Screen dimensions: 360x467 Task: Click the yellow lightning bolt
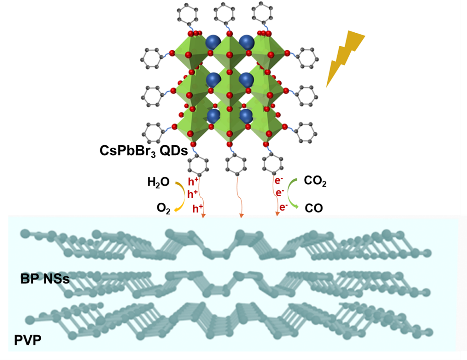(x=345, y=57)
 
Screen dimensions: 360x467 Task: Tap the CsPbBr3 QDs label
(x=143, y=151)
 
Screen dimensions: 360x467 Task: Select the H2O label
(x=158, y=182)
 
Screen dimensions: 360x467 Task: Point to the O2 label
(x=163, y=208)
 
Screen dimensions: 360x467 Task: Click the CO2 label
(x=315, y=181)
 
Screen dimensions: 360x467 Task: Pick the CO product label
(x=314, y=208)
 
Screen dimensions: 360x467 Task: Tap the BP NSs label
(x=45, y=279)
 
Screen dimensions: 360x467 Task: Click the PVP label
(x=28, y=340)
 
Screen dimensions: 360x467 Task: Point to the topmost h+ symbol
(x=193, y=181)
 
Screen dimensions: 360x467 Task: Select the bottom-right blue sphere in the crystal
(x=246, y=116)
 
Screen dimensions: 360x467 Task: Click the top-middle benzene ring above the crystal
(x=224, y=13)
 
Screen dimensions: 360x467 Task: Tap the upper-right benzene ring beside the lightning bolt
(x=307, y=58)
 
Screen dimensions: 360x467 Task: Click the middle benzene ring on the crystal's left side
(x=152, y=96)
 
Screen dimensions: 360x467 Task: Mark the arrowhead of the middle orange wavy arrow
(x=241, y=216)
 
